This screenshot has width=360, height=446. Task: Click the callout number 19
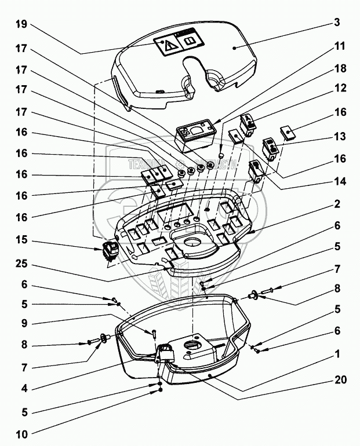[x=21, y=24]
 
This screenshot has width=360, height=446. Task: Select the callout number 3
[x=337, y=23]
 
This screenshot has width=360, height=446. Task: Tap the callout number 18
[x=340, y=68]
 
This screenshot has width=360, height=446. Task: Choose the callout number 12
[x=340, y=89]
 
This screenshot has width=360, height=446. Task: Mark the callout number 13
[x=340, y=137]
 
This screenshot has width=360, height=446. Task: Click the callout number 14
[x=340, y=181]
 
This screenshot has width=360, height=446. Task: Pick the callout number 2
[x=337, y=204]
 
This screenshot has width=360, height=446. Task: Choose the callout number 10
[x=21, y=433]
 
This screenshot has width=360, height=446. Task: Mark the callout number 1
[x=337, y=352]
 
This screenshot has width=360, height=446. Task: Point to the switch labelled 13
[x=270, y=148]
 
